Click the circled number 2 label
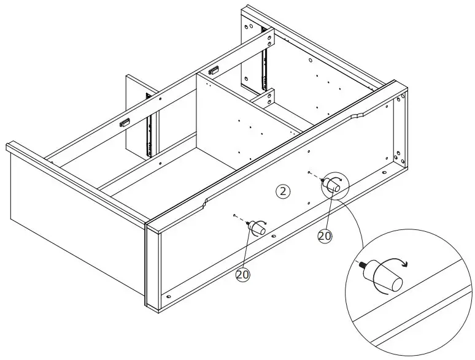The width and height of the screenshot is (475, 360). (282, 192)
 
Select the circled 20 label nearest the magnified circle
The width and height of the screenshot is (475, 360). (325, 236)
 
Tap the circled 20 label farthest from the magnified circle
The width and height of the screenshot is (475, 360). (243, 275)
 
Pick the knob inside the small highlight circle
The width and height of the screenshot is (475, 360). (334, 184)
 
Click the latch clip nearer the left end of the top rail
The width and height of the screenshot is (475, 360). (125, 122)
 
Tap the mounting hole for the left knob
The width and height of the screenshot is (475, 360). (235, 216)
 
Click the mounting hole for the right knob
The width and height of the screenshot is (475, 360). (311, 172)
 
